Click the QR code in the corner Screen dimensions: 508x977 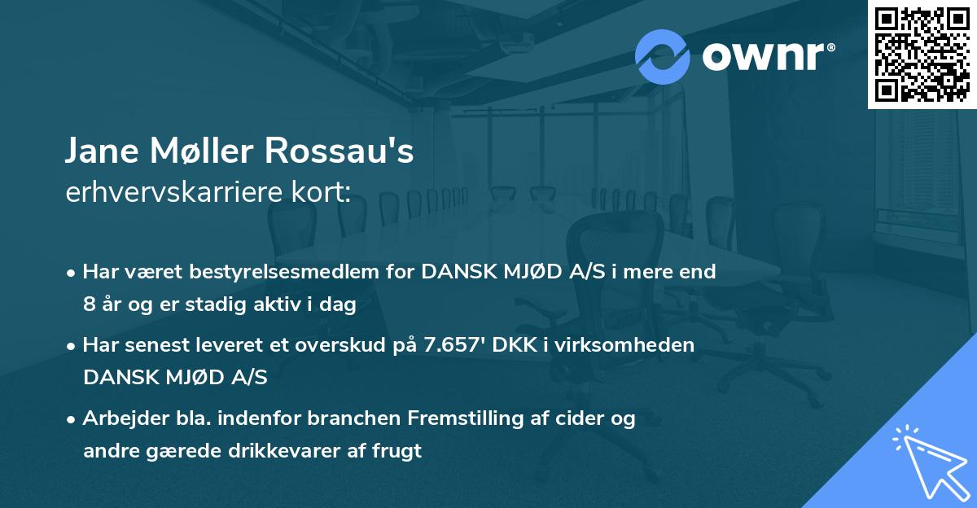[x=921, y=54]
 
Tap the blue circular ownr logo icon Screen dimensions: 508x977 [x=662, y=56]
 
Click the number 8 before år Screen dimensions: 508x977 [x=89, y=305]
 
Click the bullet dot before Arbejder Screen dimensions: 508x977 [x=72, y=419]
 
